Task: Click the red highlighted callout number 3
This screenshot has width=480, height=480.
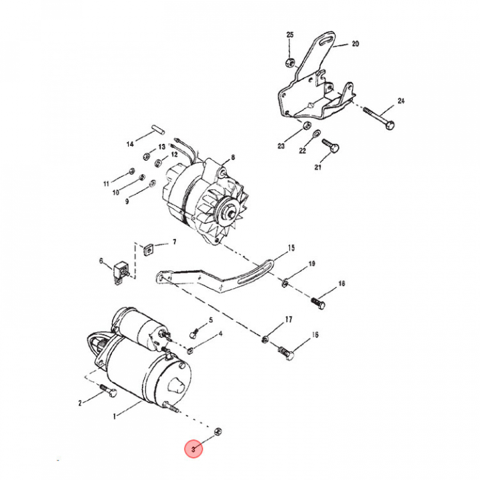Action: click(x=193, y=449)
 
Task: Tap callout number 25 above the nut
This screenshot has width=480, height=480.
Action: click(x=289, y=35)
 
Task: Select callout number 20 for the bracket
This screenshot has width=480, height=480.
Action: click(x=355, y=44)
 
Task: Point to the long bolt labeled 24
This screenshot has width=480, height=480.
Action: click(x=379, y=118)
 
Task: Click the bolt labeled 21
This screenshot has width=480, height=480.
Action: click(x=331, y=145)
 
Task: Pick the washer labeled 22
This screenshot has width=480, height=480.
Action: click(x=317, y=134)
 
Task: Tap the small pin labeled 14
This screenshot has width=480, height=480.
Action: click(x=158, y=129)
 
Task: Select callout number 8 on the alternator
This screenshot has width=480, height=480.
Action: click(x=233, y=157)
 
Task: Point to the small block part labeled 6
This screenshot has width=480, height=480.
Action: click(x=121, y=271)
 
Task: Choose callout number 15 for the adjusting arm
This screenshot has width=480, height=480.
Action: click(x=291, y=248)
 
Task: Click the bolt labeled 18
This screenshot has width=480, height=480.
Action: click(x=318, y=303)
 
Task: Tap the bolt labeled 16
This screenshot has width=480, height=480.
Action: click(x=286, y=353)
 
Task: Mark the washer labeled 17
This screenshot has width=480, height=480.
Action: click(x=265, y=339)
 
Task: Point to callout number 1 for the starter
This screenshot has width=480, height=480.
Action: click(x=114, y=416)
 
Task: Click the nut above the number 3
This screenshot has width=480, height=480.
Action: click(x=217, y=431)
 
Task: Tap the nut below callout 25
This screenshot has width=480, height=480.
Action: click(x=290, y=63)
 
